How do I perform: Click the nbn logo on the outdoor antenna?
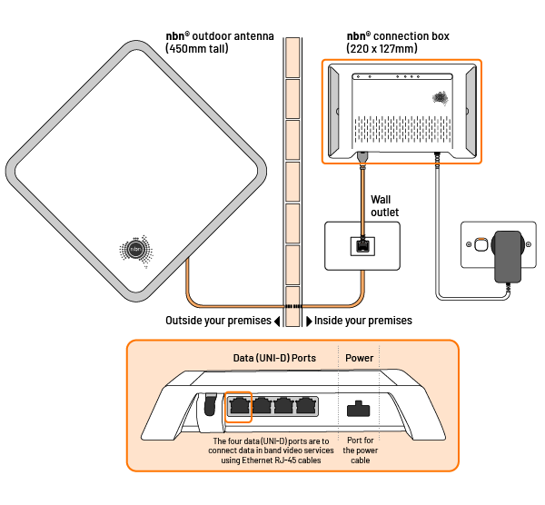pos(136,248)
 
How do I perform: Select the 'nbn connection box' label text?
pos(397,36)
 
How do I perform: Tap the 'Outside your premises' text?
pos(218,321)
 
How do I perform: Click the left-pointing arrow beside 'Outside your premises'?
pos(277,321)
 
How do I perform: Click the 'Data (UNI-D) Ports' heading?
pos(272,358)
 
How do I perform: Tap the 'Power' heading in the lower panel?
pos(360,358)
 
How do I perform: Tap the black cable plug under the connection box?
pos(363,160)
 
